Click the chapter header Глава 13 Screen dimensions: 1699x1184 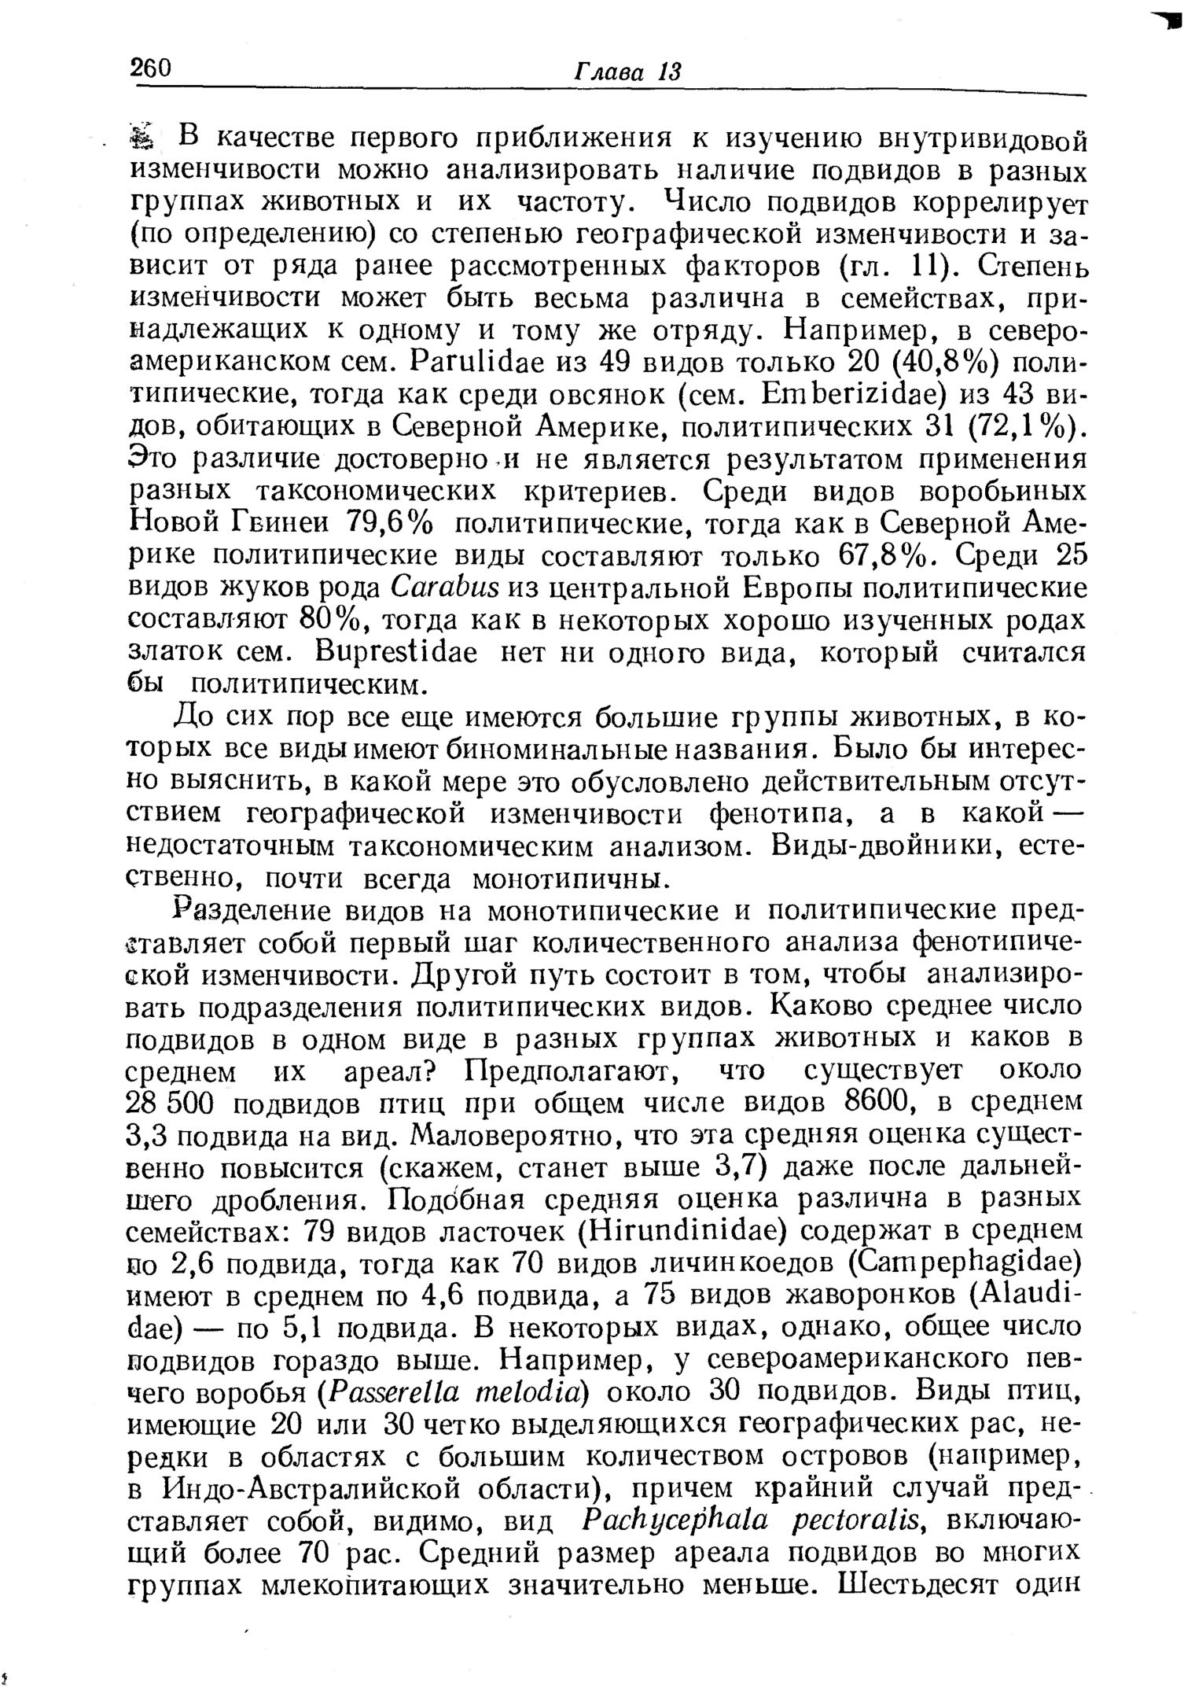click(627, 72)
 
